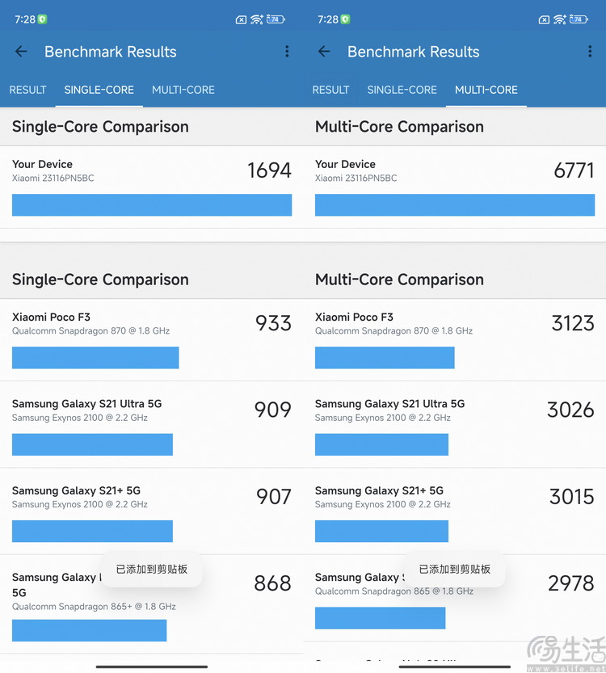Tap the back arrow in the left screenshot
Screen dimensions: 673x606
21,52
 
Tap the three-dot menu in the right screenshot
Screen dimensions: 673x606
590,52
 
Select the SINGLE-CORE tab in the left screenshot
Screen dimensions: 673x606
99,90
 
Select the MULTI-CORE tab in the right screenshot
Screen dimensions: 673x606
486,90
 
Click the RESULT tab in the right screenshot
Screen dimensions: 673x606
330,90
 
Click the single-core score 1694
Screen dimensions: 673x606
269,170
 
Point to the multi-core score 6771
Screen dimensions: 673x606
574,170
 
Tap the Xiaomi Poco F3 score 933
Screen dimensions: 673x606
273,323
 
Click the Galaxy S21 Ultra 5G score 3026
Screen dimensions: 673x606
570,410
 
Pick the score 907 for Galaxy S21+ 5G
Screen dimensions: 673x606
273,496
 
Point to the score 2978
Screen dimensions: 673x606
570,583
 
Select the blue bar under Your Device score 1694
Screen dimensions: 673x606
152,205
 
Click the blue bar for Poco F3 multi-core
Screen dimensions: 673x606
385,358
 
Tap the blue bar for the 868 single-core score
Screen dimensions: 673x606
89,630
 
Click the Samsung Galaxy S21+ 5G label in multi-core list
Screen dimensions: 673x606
379,490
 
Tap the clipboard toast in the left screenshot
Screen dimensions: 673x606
152,570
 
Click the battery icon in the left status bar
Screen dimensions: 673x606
276,19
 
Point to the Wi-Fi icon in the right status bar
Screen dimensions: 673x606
560,19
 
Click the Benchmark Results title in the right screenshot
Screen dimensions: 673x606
413,52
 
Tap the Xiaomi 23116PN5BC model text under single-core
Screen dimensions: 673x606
53,178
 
